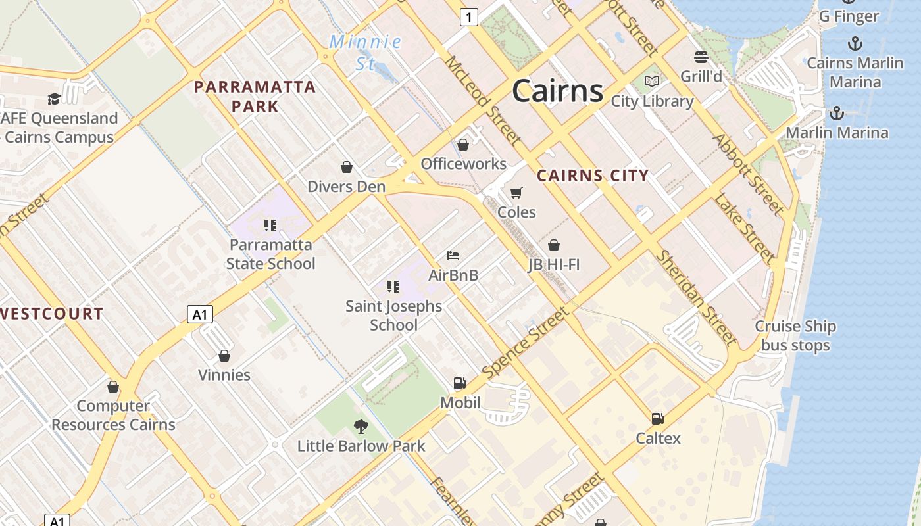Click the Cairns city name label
click(x=557, y=90)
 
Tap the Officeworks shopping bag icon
click(x=463, y=145)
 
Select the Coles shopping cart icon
click(x=516, y=193)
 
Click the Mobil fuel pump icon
click(x=460, y=383)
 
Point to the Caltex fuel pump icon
click(x=657, y=419)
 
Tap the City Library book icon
click(x=652, y=81)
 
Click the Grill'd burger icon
click(x=701, y=57)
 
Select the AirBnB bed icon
click(x=453, y=256)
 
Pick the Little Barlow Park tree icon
click(x=361, y=426)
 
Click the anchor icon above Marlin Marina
click(x=836, y=113)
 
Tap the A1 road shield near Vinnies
click(x=200, y=314)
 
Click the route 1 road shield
click(x=468, y=17)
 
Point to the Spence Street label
click(x=526, y=343)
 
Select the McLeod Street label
click(x=483, y=100)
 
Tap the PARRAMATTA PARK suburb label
click(x=255, y=96)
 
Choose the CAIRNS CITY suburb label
click(x=593, y=176)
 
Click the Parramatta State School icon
click(x=270, y=226)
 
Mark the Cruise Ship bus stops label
click(x=795, y=335)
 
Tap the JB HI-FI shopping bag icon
click(x=554, y=245)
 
